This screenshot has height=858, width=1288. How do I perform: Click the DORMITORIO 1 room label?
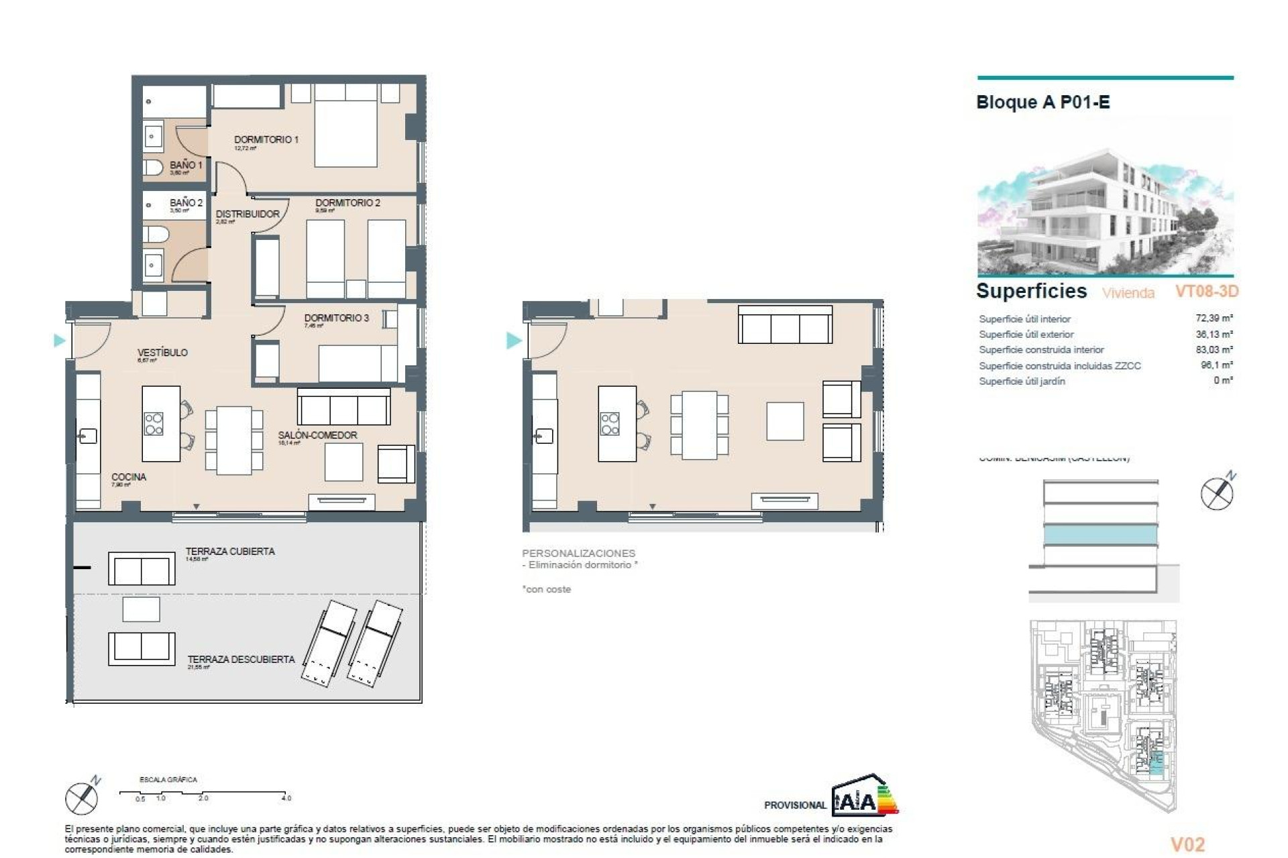pyautogui.click(x=266, y=140)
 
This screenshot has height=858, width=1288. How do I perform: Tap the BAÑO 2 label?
pyautogui.click(x=186, y=202)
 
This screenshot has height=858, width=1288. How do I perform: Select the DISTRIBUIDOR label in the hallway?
pyautogui.click(x=248, y=214)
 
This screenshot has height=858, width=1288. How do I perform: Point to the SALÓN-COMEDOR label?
pyautogui.click(x=317, y=435)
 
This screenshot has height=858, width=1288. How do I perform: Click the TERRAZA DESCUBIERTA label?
pyautogui.click(x=241, y=660)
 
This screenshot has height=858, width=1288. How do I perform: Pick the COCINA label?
pyautogui.click(x=129, y=477)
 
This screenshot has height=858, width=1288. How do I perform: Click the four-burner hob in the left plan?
pyautogui.click(x=154, y=424)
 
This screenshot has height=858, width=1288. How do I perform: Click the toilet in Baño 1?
pyautogui.click(x=153, y=167)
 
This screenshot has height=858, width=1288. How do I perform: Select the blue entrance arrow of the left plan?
pyautogui.click(x=60, y=341)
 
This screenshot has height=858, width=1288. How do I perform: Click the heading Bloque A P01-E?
pyautogui.click(x=1043, y=103)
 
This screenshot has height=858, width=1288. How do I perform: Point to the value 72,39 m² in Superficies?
pyautogui.click(x=1214, y=318)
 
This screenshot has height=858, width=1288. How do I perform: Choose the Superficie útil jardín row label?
pyautogui.click(x=1022, y=381)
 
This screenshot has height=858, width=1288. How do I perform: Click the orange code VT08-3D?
pyautogui.click(x=1206, y=292)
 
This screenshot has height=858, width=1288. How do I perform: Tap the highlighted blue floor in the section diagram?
pyautogui.click(x=1101, y=535)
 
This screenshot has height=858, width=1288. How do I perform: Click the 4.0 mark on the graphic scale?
pyautogui.click(x=286, y=798)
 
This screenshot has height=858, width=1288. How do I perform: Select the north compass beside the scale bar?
pyautogui.click(x=82, y=798)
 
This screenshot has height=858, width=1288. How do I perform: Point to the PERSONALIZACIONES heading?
pyautogui.click(x=578, y=554)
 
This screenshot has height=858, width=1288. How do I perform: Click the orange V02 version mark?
pyautogui.click(x=1187, y=845)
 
